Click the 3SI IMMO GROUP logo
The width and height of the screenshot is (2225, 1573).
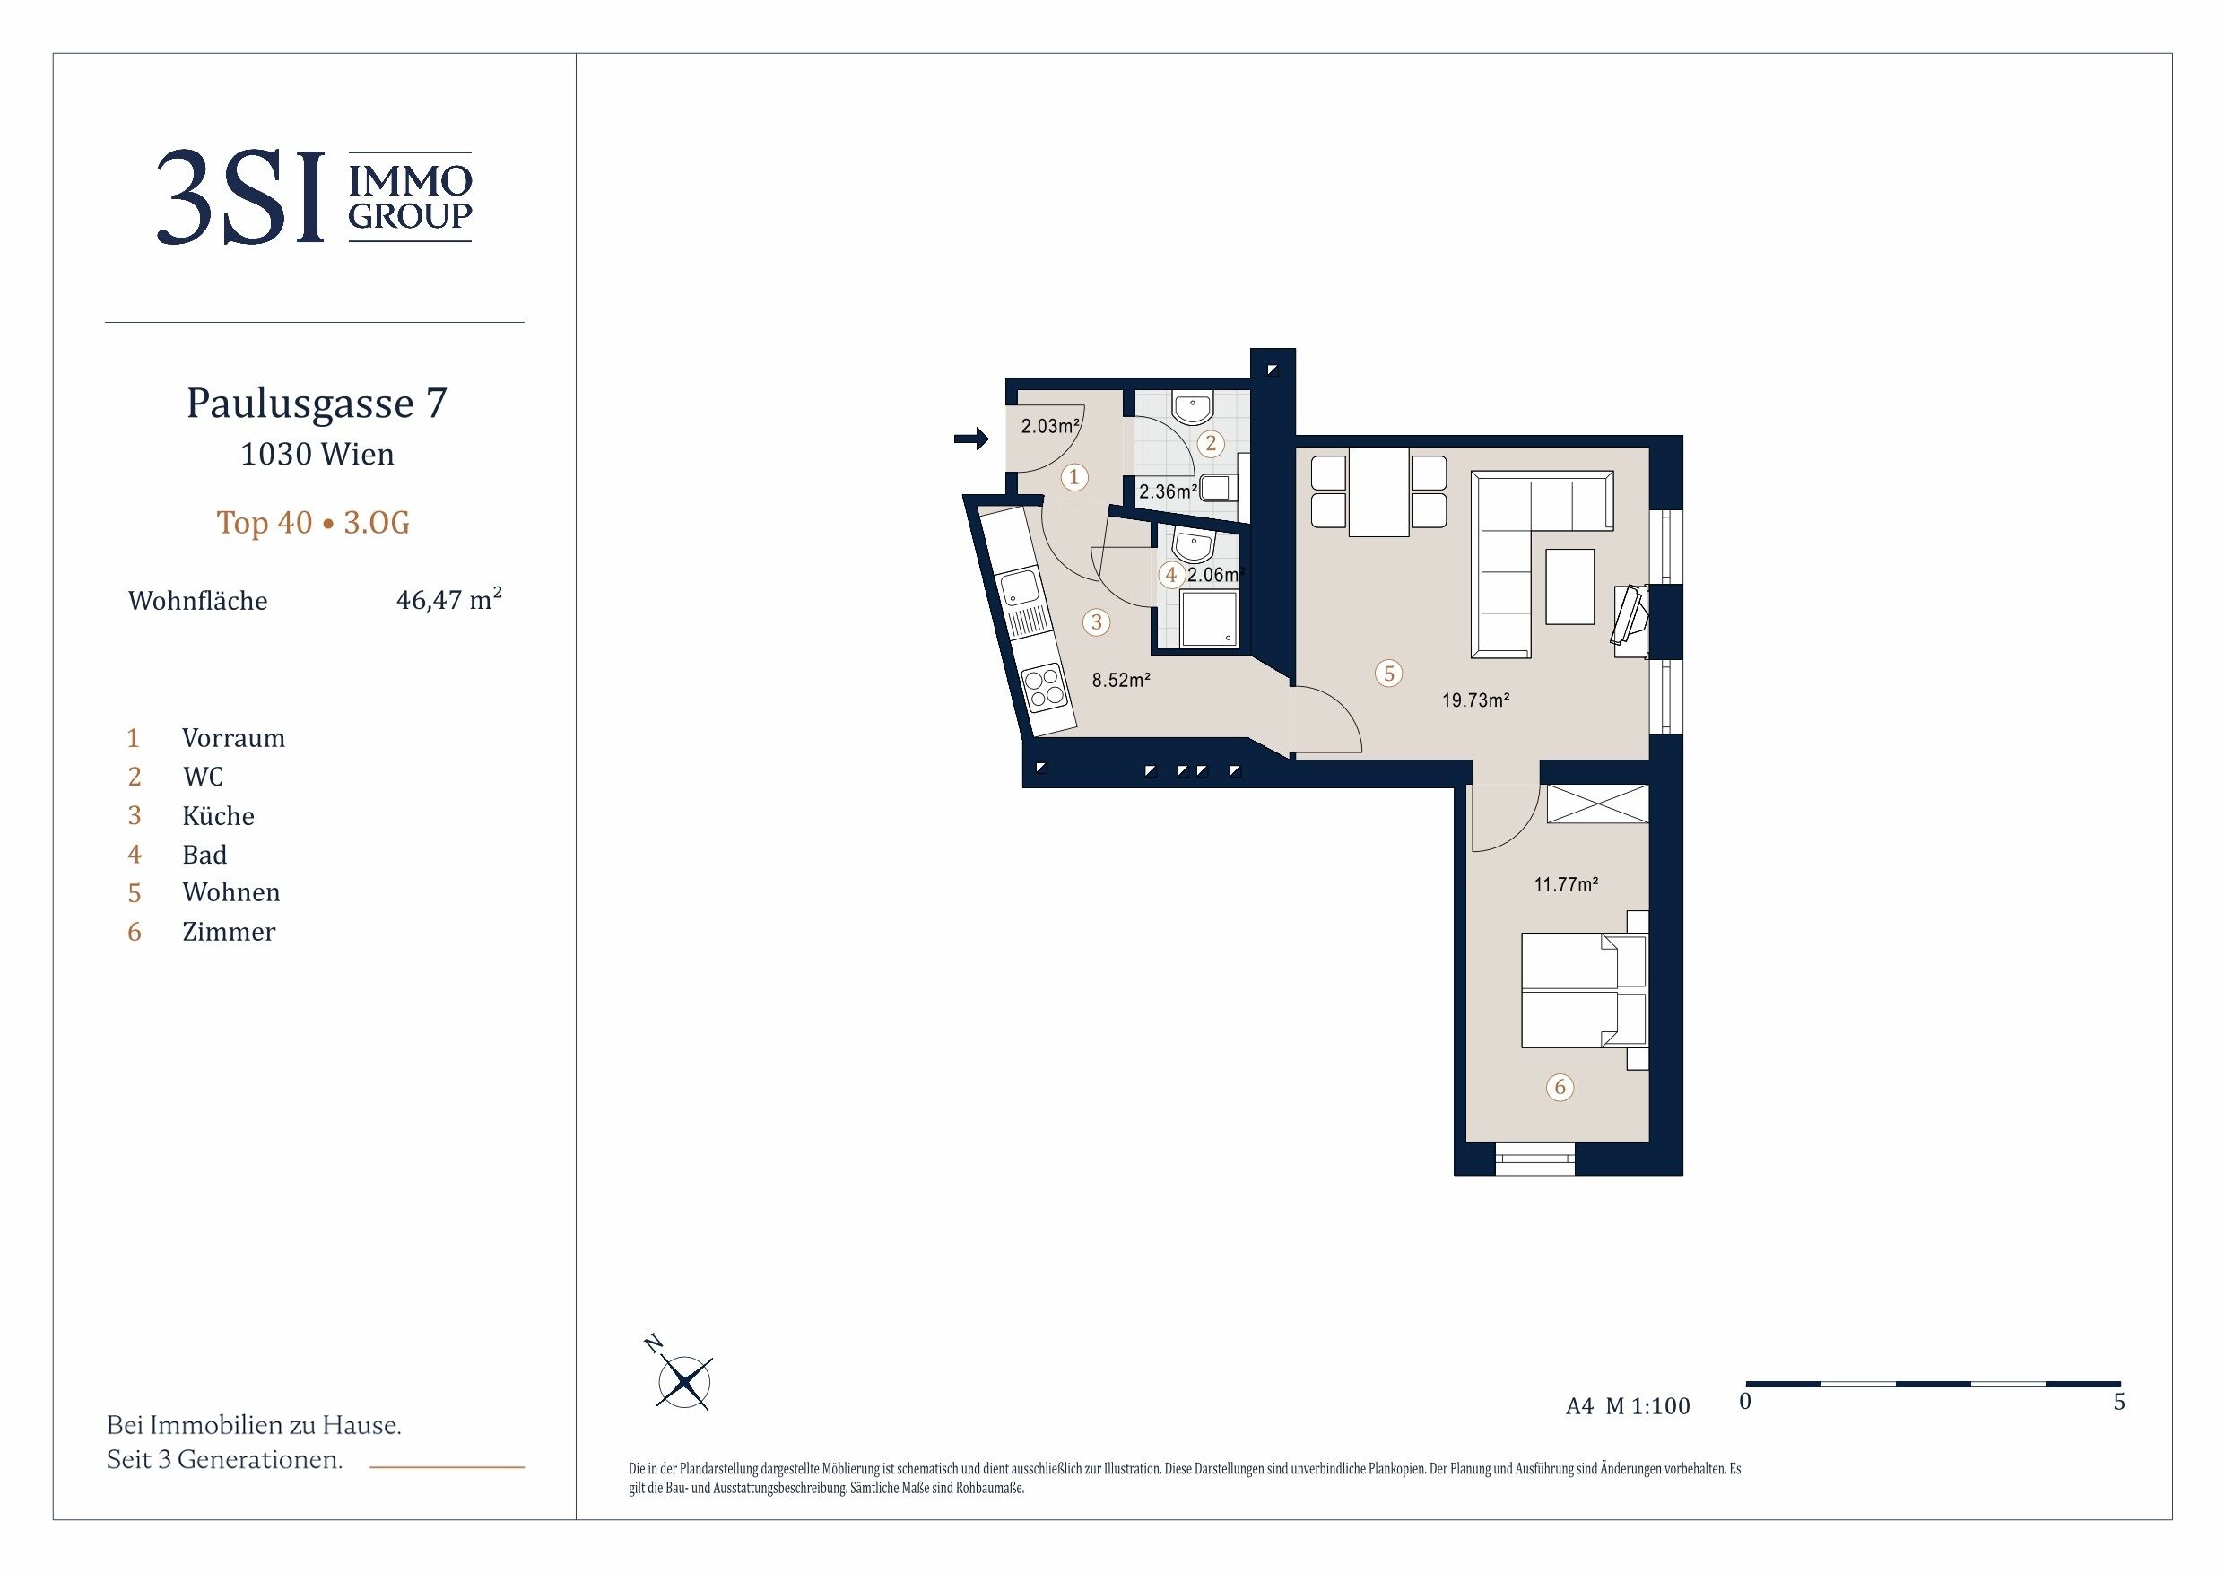[x=314, y=196]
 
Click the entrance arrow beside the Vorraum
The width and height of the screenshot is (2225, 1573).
[x=971, y=439]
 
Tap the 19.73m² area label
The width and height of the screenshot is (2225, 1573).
[x=1475, y=700]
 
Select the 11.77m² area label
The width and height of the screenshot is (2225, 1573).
[x=1565, y=884]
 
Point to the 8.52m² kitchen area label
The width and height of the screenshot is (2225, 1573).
[x=1121, y=680]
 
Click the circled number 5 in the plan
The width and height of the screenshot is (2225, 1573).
[x=1388, y=673]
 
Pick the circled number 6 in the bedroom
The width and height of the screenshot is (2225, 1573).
[x=1560, y=1086]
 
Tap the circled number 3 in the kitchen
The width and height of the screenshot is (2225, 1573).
[x=1096, y=621]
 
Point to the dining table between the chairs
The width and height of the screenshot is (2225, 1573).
[x=1378, y=491]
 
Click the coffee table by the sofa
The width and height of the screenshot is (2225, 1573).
[x=1570, y=587]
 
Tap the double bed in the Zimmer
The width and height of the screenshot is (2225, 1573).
[x=1584, y=989]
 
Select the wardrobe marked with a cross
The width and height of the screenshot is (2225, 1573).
[x=1597, y=804]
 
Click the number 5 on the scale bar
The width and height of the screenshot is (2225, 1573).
[x=2118, y=1402]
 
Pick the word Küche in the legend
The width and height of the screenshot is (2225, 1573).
[x=218, y=815]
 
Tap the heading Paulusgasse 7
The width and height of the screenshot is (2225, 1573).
[x=317, y=404]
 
